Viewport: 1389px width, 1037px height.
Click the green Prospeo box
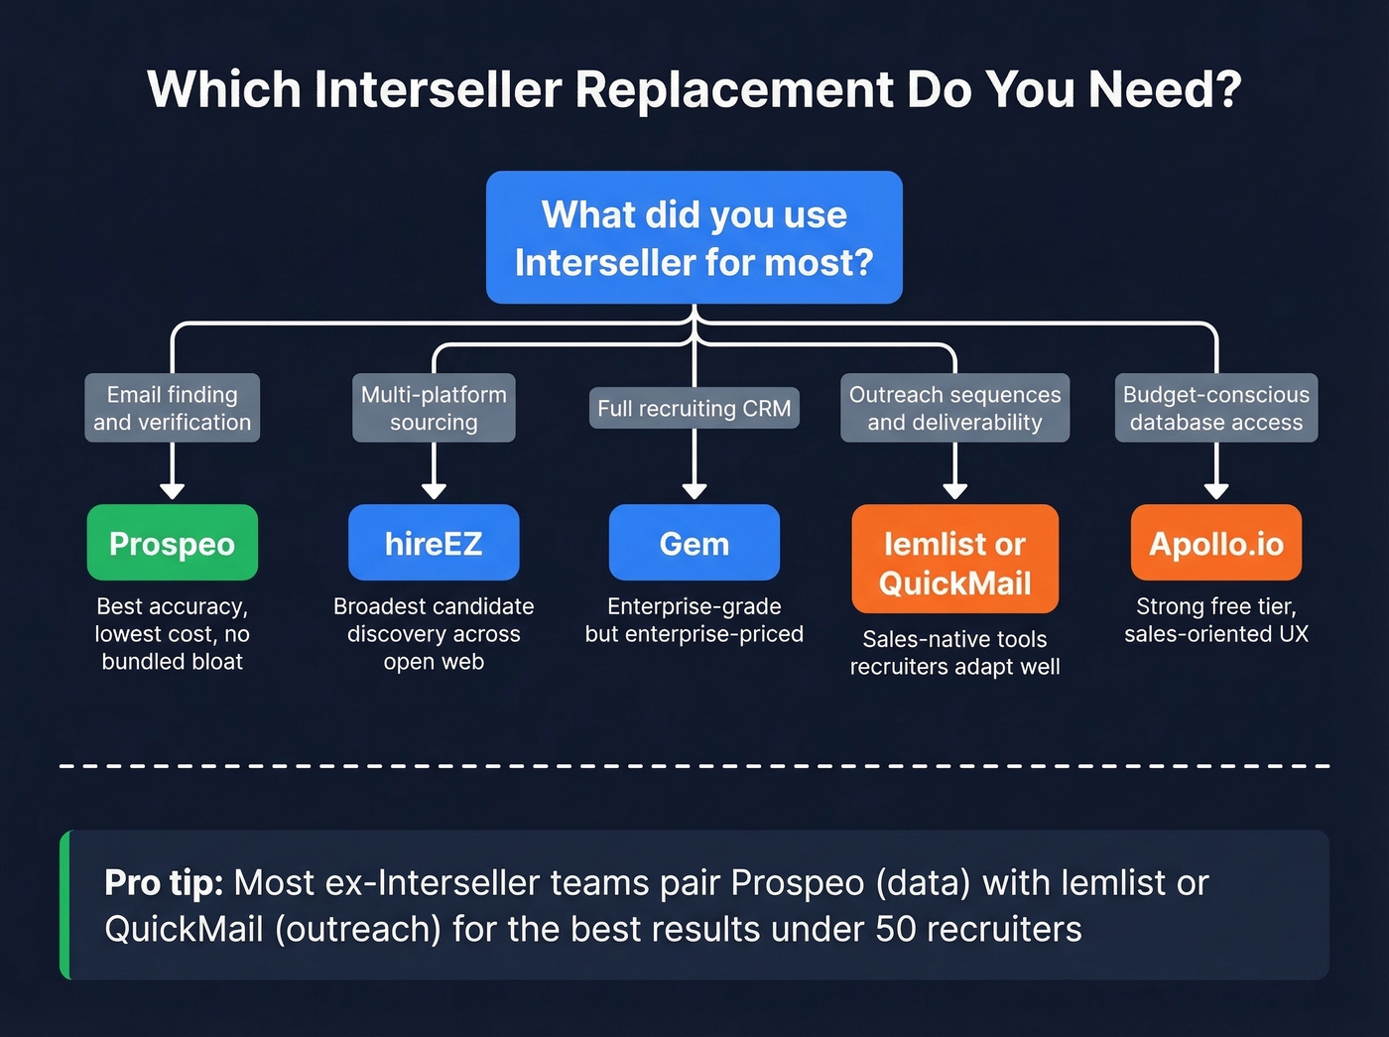point(173,543)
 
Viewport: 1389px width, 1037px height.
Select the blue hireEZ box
point(434,543)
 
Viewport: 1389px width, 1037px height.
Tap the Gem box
point(694,543)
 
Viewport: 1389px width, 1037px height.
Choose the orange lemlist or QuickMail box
point(954,559)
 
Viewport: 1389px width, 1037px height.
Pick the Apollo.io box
point(1216,543)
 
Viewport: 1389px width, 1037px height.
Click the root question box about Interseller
point(694,238)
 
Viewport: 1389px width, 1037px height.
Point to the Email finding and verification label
point(173,408)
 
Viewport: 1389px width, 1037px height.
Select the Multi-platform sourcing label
point(434,408)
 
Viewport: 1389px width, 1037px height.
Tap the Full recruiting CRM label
point(694,408)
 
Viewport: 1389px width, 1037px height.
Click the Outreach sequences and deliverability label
point(954,408)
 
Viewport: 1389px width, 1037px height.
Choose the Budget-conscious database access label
point(1216,408)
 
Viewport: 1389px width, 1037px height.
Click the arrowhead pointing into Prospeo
point(173,491)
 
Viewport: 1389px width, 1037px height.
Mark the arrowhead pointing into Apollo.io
point(1216,491)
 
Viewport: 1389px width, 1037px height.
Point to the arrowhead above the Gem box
point(694,491)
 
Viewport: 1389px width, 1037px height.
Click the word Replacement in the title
point(734,89)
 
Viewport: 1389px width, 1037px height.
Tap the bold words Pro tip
point(164,882)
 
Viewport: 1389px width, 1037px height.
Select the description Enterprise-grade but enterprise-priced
point(694,620)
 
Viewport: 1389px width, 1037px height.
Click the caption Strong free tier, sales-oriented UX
point(1216,620)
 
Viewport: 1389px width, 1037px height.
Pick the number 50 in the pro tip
point(896,930)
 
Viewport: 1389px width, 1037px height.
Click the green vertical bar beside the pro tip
point(65,905)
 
